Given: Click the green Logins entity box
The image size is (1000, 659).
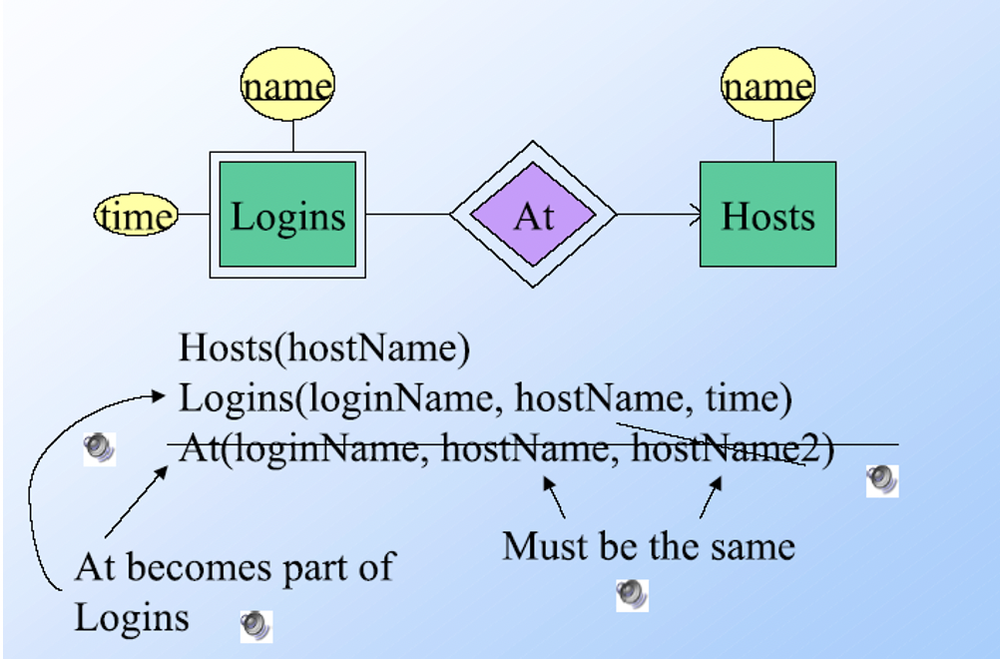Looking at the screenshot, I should coord(287,216).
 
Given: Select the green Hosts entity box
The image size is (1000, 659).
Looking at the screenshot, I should coord(767,215).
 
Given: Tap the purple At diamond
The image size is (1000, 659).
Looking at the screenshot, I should coord(533,215).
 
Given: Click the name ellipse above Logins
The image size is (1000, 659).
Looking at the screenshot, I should coord(287,86).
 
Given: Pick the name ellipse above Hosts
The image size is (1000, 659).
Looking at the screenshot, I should coord(767,86).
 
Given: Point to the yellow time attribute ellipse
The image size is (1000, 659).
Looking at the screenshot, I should coord(137,216).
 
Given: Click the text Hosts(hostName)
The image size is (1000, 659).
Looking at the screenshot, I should coord(323,348).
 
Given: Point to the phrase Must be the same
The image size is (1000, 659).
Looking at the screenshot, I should coord(649,546).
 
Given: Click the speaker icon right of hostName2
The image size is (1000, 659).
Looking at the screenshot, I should coord(882,479).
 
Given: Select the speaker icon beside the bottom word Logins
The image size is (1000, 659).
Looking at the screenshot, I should coord(255,626).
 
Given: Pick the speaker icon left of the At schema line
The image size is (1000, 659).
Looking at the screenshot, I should coord(99,448).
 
